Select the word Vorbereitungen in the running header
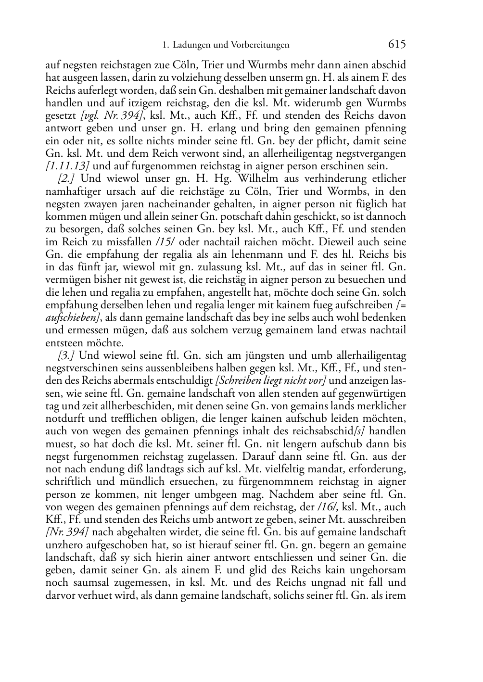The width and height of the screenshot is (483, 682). [262, 45]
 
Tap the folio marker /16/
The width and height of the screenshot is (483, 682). [327, 507]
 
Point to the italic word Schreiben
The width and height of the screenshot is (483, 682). [239, 381]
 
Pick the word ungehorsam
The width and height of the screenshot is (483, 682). [375, 570]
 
